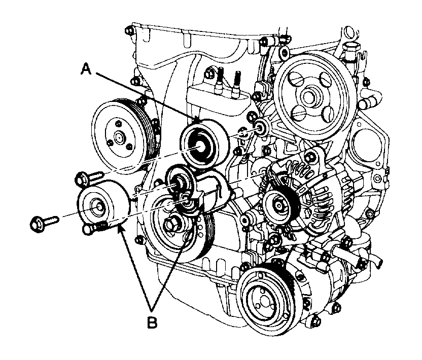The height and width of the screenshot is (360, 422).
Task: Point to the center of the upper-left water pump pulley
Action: (x=118, y=136)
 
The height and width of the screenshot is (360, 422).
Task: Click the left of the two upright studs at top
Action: (x=222, y=81)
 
